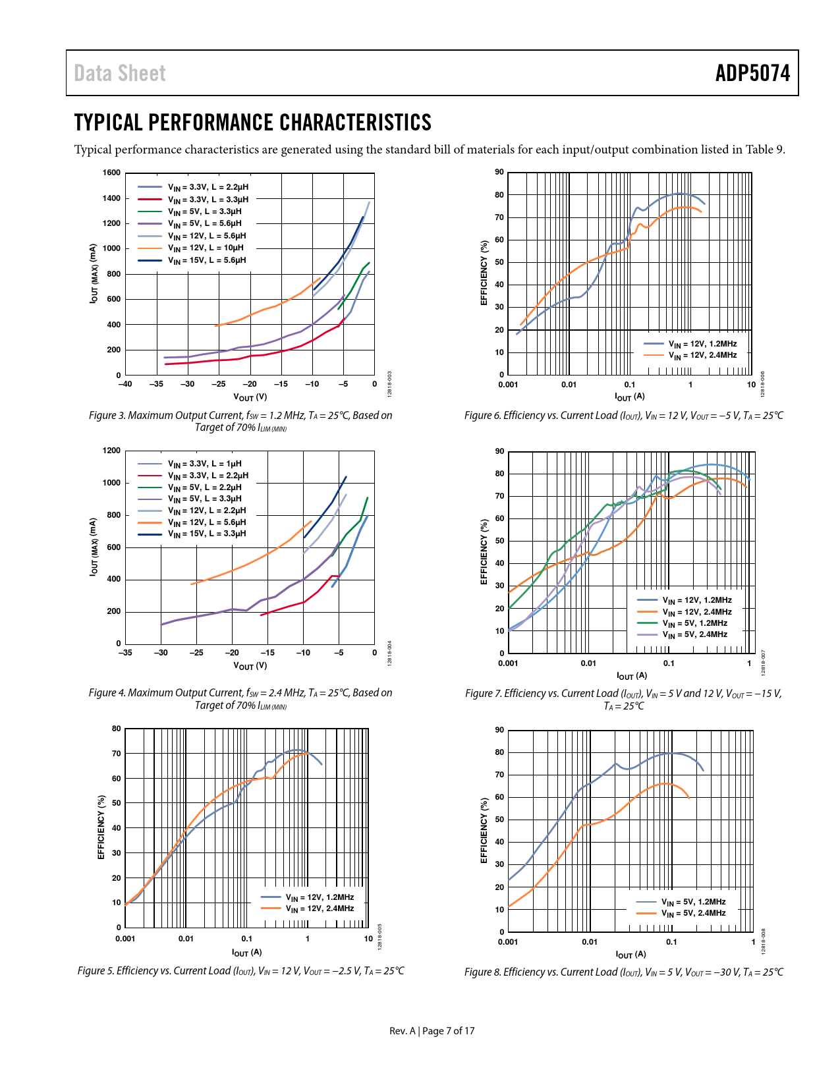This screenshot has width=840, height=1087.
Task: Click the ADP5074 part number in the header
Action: click(x=752, y=73)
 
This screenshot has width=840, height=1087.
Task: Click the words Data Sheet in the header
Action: click(x=120, y=73)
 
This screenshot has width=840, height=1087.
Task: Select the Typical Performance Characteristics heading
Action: click(x=253, y=123)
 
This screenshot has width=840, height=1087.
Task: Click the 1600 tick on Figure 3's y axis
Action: click(x=112, y=173)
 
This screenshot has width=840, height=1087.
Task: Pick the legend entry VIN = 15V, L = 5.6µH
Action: click(x=207, y=261)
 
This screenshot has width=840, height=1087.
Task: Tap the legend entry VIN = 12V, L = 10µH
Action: click(x=206, y=248)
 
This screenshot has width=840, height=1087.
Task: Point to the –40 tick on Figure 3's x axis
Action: click(x=125, y=384)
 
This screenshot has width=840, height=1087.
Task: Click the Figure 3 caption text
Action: click(x=240, y=421)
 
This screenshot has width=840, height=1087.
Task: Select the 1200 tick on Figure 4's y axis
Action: click(x=112, y=451)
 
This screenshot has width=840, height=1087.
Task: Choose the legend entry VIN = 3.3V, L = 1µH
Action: click(x=204, y=464)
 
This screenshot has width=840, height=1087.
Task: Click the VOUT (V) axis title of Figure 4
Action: click(x=250, y=665)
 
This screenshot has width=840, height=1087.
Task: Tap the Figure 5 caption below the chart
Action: click(x=240, y=971)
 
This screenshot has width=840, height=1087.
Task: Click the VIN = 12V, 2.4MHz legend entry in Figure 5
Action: click(x=320, y=909)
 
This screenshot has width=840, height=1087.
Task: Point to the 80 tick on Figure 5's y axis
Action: click(x=117, y=729)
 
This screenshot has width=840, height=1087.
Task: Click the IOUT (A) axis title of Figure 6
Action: click(x=630, y=397)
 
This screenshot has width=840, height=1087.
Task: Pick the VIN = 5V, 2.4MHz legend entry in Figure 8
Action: click(x=693, y=914)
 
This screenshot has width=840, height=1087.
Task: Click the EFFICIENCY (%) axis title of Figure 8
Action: click(x=484, y=830)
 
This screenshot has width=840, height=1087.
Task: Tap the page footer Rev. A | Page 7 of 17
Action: click(x=432, y=1031)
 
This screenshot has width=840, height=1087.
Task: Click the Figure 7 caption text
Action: click(x=623, y=700)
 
